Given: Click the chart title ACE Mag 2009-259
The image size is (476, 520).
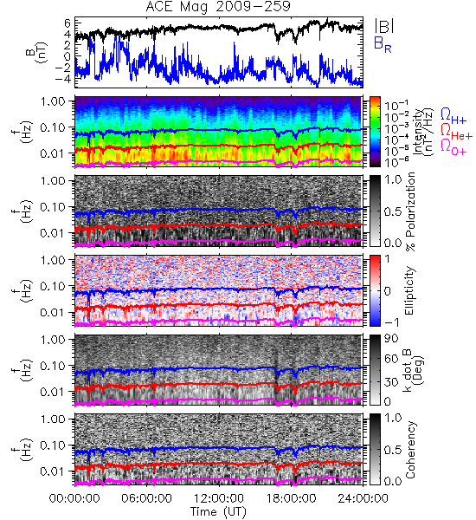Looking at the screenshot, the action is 218,7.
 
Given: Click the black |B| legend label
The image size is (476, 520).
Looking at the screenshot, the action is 384,26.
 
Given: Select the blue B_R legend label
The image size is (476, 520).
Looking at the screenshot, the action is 383,44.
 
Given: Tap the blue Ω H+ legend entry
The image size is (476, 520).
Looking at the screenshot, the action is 453,116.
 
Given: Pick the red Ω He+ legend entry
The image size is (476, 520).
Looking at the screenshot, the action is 456,132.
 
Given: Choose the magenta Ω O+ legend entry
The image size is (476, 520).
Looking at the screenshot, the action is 453,147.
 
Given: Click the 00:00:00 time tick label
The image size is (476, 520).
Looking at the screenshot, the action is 74,498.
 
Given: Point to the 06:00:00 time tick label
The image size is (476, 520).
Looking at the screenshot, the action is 146,498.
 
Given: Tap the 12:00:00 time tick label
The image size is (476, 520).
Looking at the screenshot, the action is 219,498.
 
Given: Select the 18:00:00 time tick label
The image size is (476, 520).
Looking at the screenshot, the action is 291,498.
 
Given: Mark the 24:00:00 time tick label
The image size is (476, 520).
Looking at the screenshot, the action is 363,498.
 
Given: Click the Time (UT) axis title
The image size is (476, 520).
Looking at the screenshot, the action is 218,511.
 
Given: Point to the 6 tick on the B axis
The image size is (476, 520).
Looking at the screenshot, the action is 68,23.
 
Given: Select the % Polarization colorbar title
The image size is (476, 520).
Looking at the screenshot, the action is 410,211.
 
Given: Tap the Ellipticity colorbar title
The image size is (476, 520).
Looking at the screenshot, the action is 409,290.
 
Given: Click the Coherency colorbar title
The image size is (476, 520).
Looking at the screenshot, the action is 410,449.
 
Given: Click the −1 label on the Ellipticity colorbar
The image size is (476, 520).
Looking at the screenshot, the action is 391,322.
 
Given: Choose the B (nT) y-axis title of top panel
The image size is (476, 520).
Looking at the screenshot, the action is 36,52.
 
